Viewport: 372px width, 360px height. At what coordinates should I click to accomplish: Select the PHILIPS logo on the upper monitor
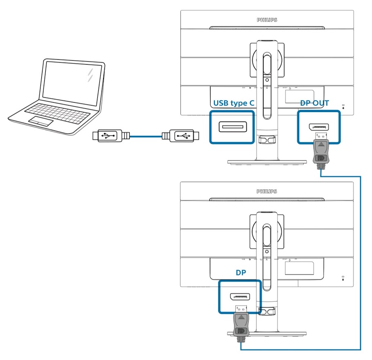coord(267,19)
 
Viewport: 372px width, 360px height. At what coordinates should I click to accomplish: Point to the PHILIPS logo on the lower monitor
coord(267,191)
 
